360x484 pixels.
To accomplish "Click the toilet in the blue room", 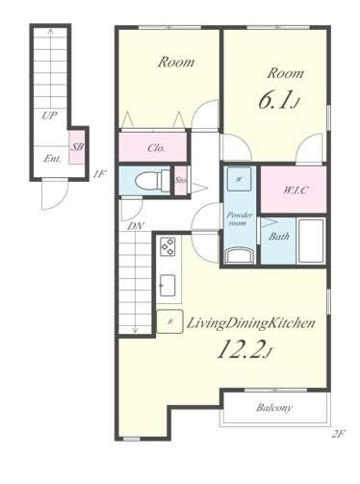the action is coord(152,182).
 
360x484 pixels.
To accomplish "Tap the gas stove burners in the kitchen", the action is coord(167,246).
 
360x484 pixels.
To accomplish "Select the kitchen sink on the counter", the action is coord(167,285).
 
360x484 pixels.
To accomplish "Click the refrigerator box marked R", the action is coord(169,321).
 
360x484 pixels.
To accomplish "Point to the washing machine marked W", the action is coord(239,180).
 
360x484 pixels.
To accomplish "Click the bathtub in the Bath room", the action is coord(310,241).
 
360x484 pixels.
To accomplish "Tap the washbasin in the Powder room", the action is coord(240,256).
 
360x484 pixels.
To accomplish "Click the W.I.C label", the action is coord(296,191).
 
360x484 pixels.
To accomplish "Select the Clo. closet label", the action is coord(156,148).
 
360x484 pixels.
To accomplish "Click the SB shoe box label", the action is coord(77,147).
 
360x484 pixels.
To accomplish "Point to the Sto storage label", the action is coord(180,180).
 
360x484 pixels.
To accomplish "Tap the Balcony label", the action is coord(274,408).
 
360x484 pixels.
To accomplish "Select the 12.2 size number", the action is coord(244,349).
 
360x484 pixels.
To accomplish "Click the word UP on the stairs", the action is coord(49,115).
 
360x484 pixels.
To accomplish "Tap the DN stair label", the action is coord(136,226).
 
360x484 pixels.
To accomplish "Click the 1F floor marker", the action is coord(98,174).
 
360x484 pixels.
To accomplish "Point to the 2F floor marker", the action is coord(338,434).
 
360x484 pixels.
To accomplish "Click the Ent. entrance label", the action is coord(52,158).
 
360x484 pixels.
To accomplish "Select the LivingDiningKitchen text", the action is coord(251,323).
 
